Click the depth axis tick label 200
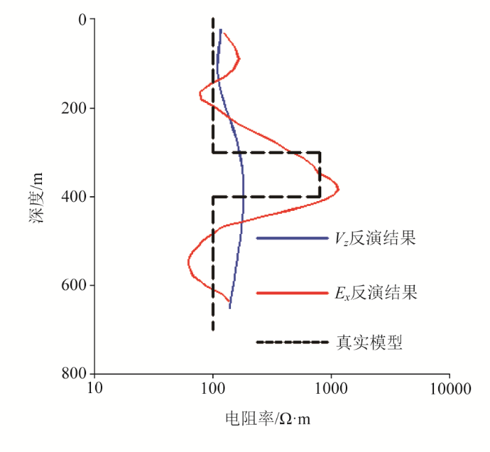coord(73,109)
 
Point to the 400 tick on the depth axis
coord(73,197)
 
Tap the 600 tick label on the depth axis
coord(73,285)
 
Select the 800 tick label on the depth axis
coord(73,373)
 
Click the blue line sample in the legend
coord(292,239)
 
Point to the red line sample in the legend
coord(292,292)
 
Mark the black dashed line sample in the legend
coord(292,343)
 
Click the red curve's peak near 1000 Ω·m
coord(339,189)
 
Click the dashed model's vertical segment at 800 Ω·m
coord(320,174)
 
